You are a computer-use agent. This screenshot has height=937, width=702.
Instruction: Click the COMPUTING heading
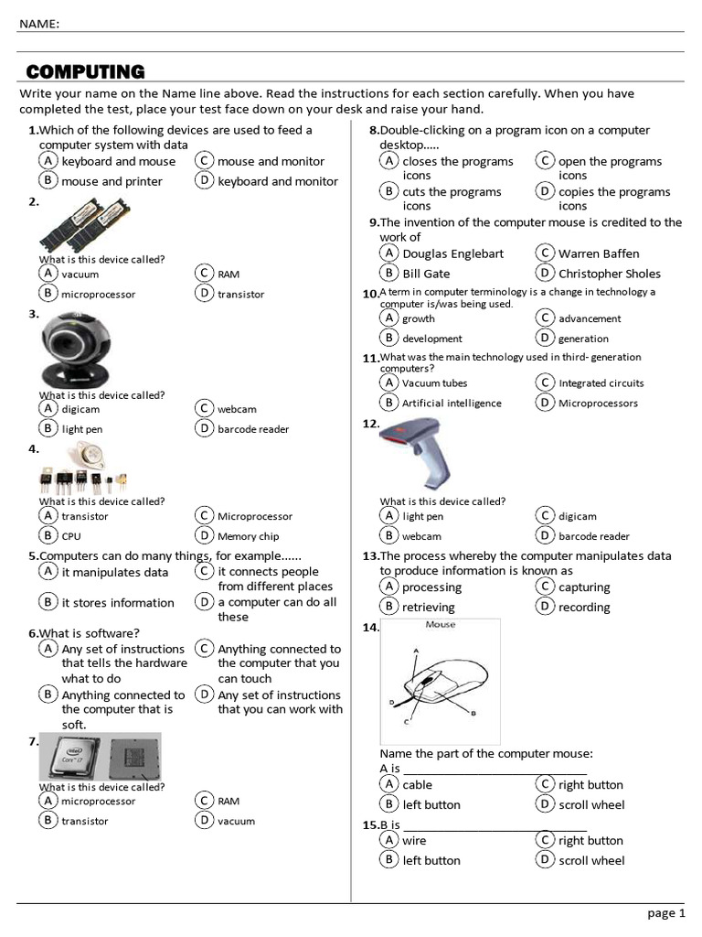tap(85, 71)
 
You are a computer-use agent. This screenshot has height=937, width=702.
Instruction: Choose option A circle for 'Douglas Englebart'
tap(389, 253)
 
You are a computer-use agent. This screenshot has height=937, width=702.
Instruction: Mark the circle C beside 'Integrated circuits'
tap(545, 382)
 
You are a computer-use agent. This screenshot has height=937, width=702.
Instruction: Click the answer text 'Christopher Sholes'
tap(609, 274)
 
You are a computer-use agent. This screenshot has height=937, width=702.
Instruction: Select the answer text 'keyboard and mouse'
tap(118, 162)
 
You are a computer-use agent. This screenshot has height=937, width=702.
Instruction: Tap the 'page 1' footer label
tap(665, 913)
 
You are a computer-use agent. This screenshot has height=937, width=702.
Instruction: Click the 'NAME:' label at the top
tap(39, 24)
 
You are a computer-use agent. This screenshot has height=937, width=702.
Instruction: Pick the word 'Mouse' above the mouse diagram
tap(441, 625)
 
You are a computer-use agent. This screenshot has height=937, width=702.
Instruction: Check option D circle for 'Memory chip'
tap(204, 536)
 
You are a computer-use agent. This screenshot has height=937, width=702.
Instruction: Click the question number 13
tap(370, 556)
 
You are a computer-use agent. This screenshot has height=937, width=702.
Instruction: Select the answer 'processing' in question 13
tap(431, 587)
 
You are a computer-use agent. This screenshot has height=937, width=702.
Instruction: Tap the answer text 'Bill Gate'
tap(426, 274)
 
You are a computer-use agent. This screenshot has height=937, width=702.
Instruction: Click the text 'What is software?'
tap(90, 633)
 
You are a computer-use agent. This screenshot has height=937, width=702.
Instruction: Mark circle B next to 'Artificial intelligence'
tap(389, 403)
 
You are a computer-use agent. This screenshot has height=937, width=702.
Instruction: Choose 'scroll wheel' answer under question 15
tap(591, 860)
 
